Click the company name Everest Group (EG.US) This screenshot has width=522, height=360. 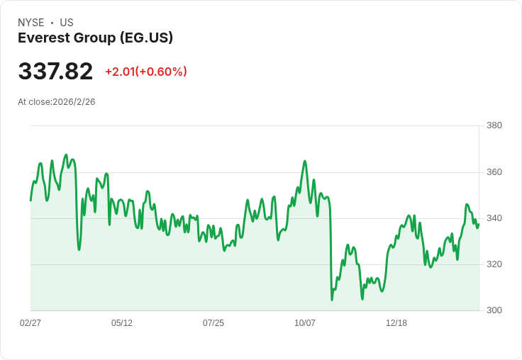click(95, 38)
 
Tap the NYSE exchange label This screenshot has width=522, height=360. click(30, 23)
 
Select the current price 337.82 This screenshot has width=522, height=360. click(55, 72)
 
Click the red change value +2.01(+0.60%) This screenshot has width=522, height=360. click(146, 72)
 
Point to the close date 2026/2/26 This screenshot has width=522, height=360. click(74, 102)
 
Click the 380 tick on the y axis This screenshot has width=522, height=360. click(494, 125)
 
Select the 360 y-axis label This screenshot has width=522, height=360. click(494, 172)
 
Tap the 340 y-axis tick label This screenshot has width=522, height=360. click(494, 218)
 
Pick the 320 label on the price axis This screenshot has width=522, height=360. click(494, 264)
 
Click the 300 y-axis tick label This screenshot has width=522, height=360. click(494, 310)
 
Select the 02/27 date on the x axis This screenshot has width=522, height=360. click(30, 323)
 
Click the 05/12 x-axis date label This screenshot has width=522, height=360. click(122, 323)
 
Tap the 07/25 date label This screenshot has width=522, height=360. click(213, 323)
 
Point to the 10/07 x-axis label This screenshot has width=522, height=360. click(305, 323)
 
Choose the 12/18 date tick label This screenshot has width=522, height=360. click(396, 323)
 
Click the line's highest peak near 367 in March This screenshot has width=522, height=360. click(66, 154)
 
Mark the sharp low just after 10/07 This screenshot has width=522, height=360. click(332, 300)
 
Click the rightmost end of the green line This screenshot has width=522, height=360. click(479, 224)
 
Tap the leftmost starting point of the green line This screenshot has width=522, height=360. click(30, 200)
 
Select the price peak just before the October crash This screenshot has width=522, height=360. click(305, 162)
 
